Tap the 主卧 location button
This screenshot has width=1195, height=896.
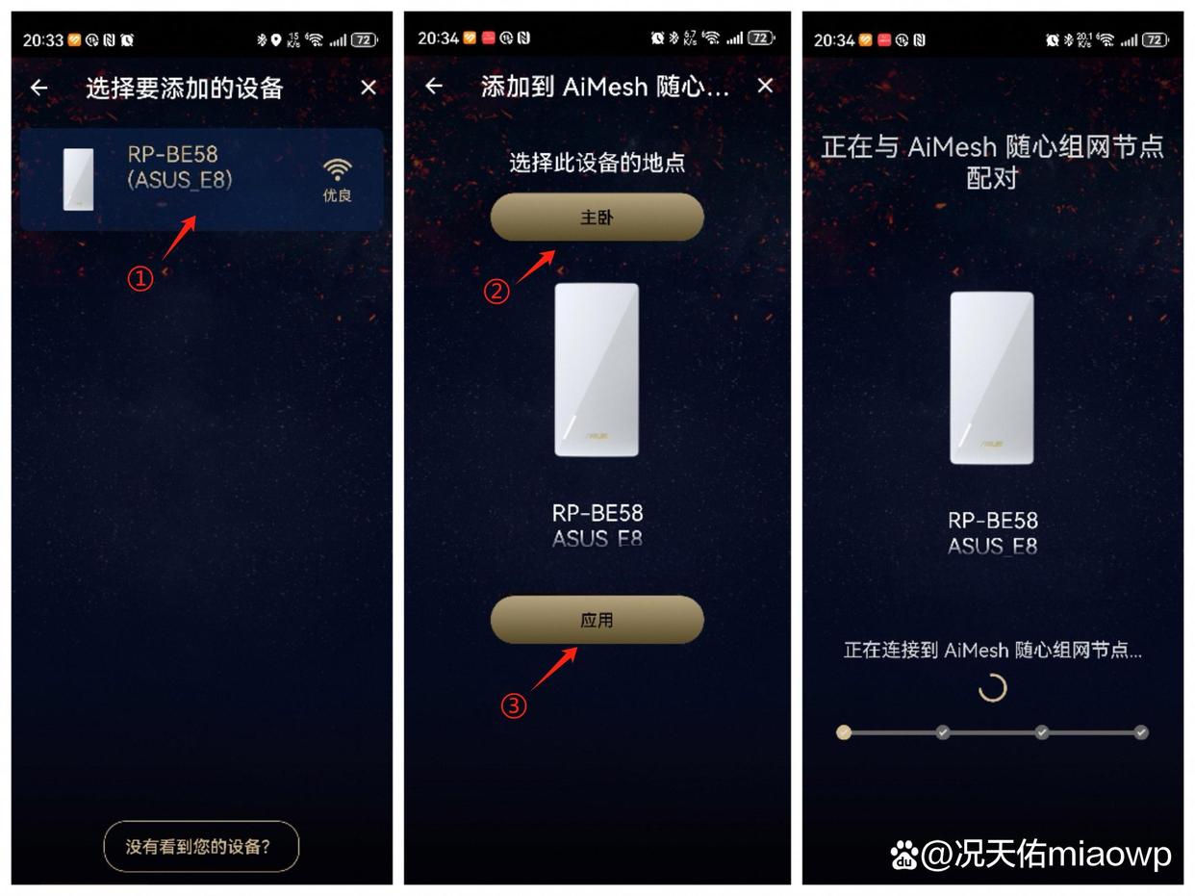click(x=597, y=218)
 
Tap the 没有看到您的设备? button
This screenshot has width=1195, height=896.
click(x=201, y=847)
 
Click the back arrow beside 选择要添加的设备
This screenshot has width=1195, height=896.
click(x=38, y=88)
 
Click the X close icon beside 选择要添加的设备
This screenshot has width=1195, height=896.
click(x=368, y=88)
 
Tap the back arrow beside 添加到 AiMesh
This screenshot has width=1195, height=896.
click(x=434, y=87)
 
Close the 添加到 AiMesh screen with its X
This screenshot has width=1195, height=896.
click(x=765, y=87)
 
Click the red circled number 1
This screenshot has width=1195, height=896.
click(x=140, y=279)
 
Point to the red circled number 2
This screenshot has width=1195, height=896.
click(x=496, y=291)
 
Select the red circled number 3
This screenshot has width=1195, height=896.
click(x=514, y=706)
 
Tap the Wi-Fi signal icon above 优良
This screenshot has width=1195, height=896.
click(x=337, y=170)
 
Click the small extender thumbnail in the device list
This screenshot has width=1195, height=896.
click(x=78, y=179)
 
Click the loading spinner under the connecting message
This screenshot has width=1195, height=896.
click(x=992, y=687)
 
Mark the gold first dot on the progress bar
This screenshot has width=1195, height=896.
click(x=844, y=732)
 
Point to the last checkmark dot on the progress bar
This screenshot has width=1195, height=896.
click(x=1141, y=732)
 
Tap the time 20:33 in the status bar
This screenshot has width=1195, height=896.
click(x=42, y=40)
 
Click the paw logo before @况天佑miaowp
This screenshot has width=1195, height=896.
click(x=903, y=854)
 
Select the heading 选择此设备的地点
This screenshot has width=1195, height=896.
click(x=597, y=163)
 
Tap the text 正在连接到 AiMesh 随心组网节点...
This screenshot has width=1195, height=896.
click(x=992, y=651)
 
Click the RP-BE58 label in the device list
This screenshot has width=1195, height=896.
click(x=173, y=154)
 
